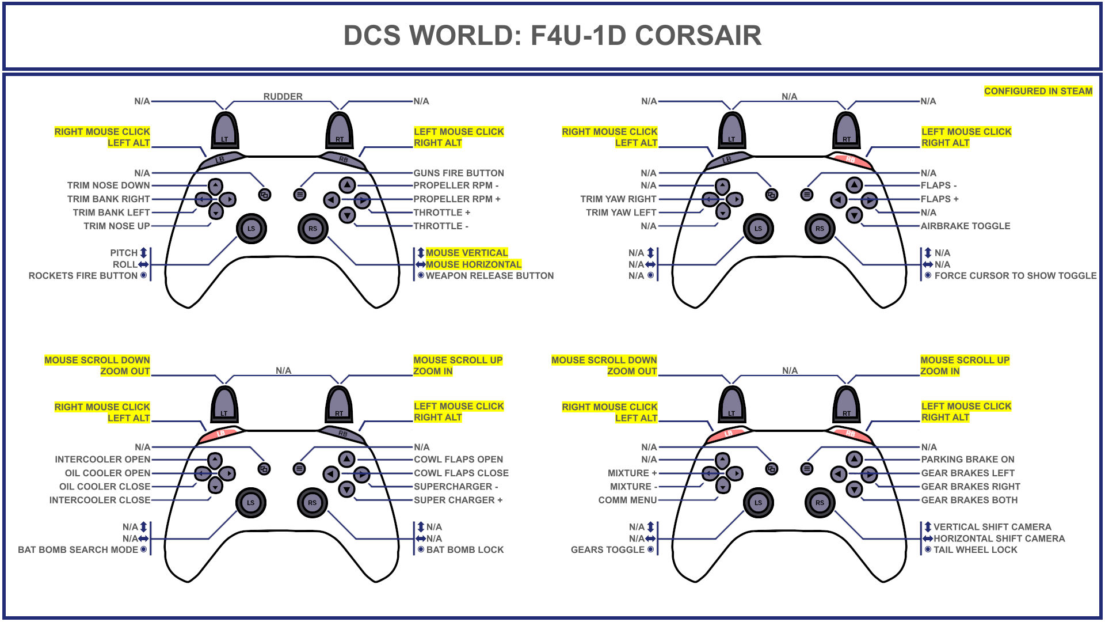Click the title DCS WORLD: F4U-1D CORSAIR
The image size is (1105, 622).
point(552,36)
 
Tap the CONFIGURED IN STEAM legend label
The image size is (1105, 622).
point(1038,91)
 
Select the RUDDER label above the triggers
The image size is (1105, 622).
point(283,96)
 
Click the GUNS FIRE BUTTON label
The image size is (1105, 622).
point(459,173)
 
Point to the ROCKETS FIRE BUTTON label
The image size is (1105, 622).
point(83,276)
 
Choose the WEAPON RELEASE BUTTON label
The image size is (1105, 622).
point(489,276)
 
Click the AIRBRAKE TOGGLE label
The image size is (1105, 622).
point(965,226)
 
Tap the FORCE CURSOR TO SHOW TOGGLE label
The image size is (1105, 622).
point(1015,276)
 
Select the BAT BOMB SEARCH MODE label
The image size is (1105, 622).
point(78,550)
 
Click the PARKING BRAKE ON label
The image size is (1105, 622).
point(967,460)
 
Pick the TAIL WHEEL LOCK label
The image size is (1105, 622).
point(975,550)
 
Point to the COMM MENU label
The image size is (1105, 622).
point(627,500)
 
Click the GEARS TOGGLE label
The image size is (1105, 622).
point(607,550)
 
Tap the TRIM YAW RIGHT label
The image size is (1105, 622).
point(618,199)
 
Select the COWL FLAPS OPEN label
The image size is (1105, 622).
point(458,460)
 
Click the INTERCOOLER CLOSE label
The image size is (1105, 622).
point(100,500)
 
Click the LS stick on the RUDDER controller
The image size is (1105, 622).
point(251,229)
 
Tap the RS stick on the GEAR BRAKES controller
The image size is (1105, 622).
point(820,503)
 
